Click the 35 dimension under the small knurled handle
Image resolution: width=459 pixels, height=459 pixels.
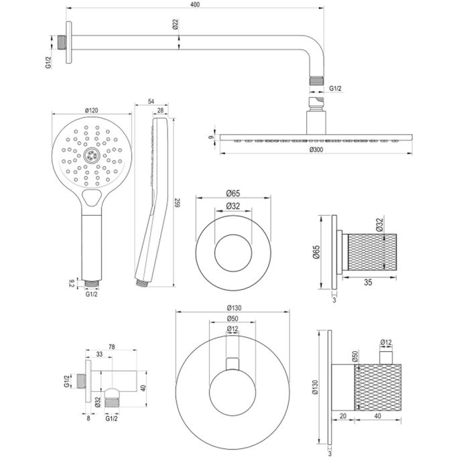(x=369, y=282)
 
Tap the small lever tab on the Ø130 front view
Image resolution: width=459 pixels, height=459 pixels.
(x=232, y=363)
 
